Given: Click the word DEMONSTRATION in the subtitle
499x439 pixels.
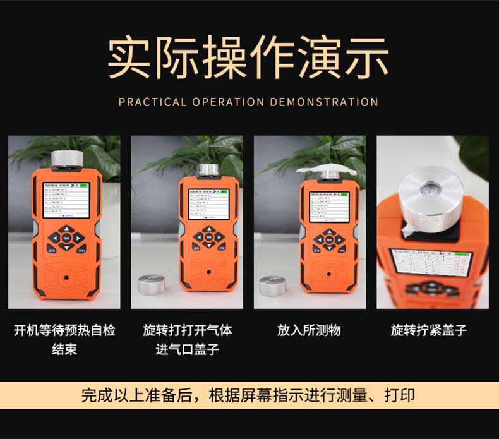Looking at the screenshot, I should click(324, 102).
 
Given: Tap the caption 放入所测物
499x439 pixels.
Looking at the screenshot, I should click(309, 330).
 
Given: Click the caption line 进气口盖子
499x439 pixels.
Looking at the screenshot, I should click(187, 349).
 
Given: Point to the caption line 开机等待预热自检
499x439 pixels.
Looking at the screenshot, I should click(64, 330).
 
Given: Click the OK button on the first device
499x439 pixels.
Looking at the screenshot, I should click(66, 238).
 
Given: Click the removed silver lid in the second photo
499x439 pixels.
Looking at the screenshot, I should click(152, 285).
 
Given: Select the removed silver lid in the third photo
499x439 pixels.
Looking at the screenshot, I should click(272, 286).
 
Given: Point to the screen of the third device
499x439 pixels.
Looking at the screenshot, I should click(328, 207).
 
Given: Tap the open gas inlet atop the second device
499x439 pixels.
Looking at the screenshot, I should click(208, 170).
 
